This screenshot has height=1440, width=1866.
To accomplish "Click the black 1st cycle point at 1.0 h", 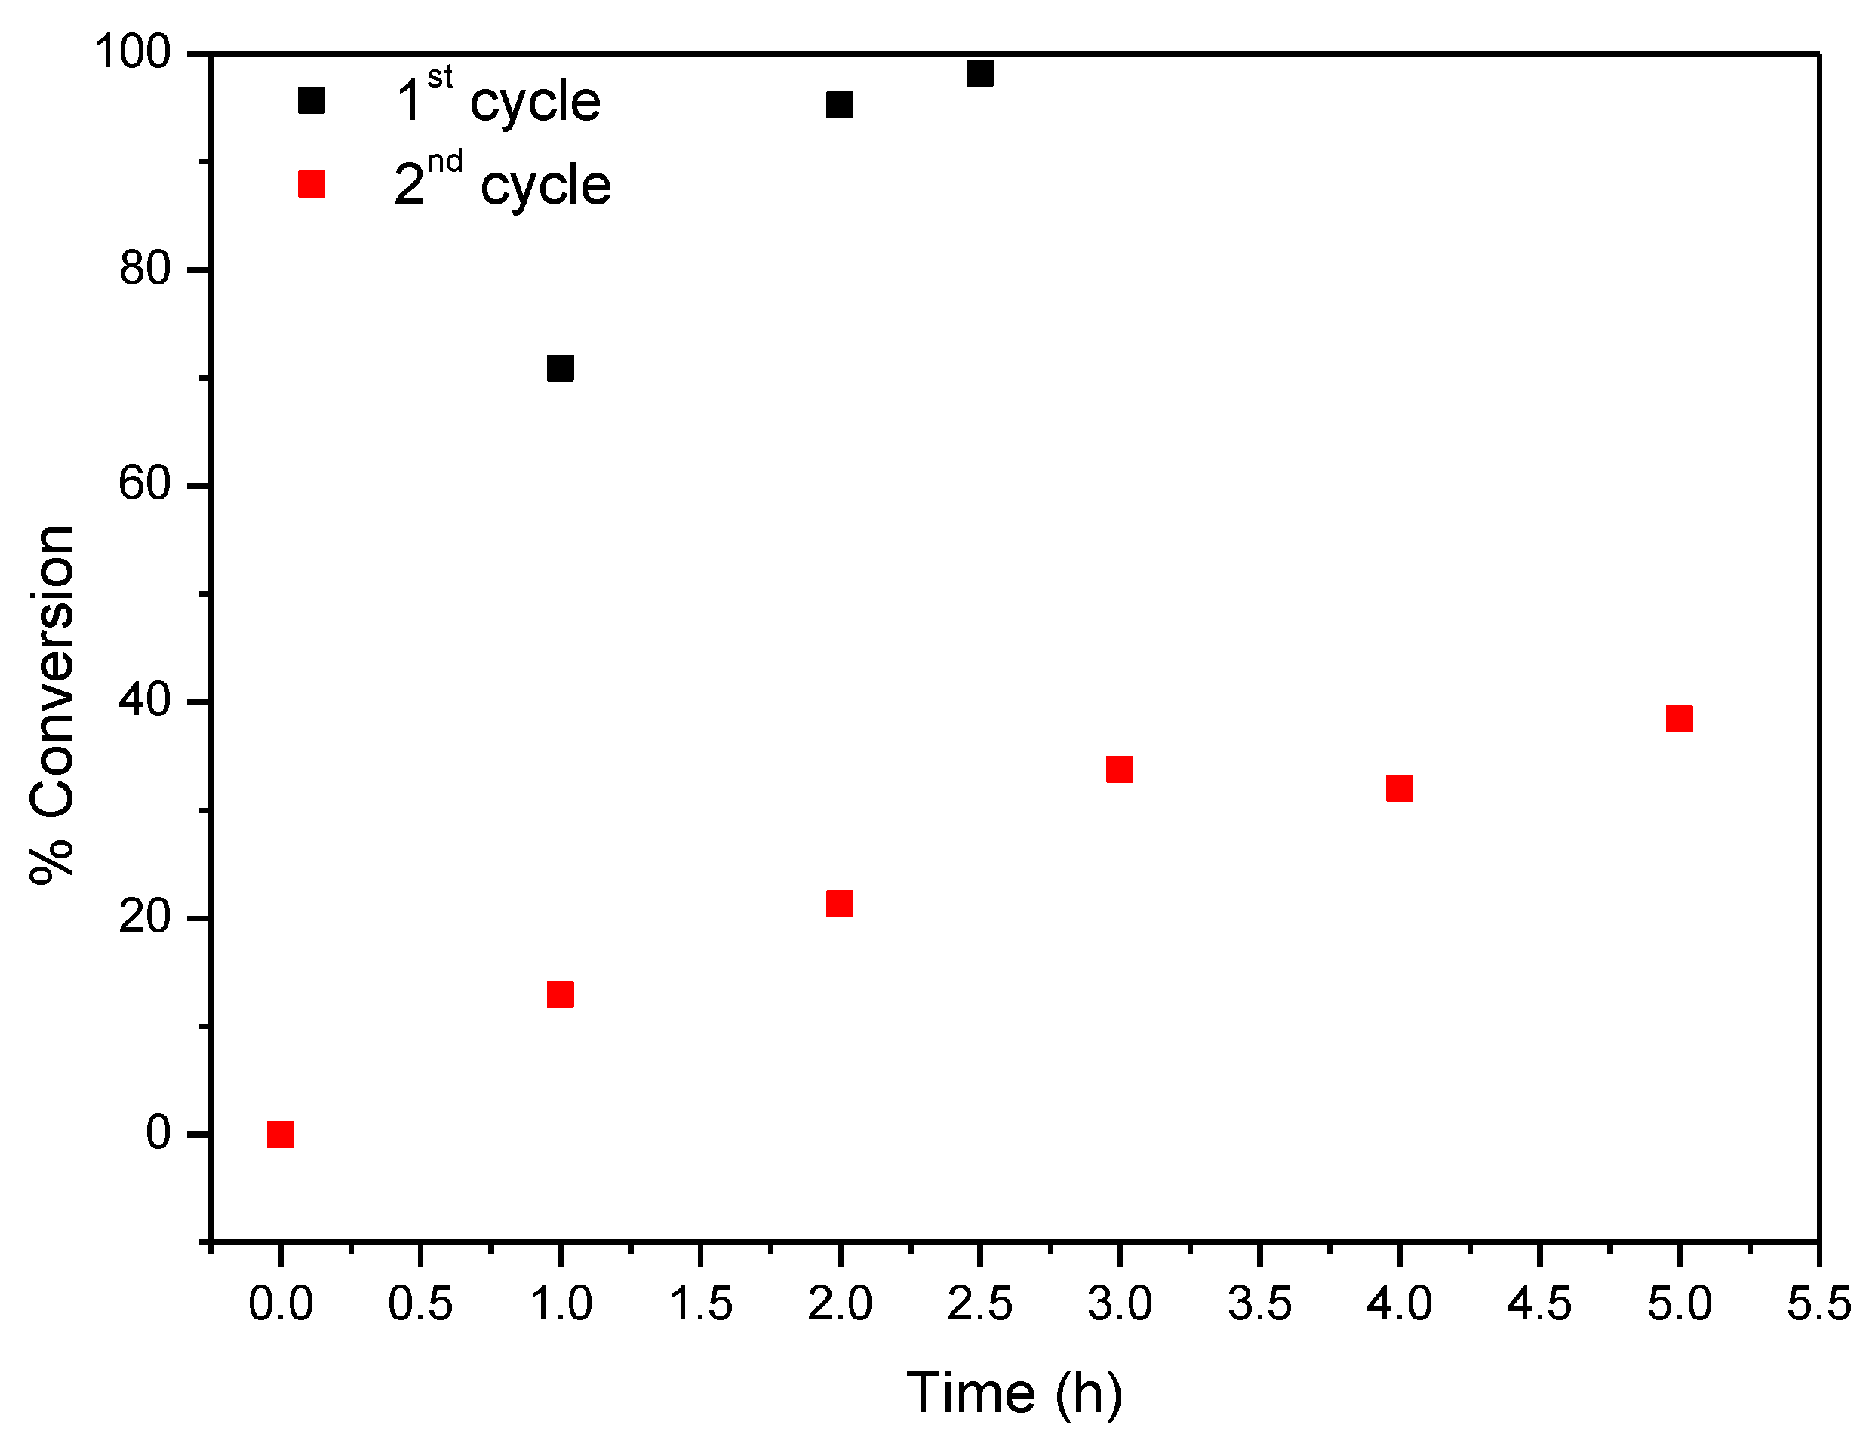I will [x=560, y=368].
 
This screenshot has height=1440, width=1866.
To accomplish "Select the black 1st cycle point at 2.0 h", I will [x=839, y=105].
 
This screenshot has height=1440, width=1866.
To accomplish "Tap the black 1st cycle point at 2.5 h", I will [x=979, y=73].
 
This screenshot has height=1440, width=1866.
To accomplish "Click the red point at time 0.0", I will [x=280, y=1134].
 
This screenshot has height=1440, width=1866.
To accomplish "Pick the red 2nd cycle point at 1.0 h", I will [x=560, y=994].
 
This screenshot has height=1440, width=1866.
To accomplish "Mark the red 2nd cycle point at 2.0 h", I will [x=839, y=904].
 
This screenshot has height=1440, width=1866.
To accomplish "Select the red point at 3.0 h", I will [x=1119, y=769].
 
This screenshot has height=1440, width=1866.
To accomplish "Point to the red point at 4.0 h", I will [x=1399, y=788].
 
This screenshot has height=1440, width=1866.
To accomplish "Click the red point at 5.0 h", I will [x=1679, y=719].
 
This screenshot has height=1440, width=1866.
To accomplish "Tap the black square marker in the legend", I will [x=311, y=101].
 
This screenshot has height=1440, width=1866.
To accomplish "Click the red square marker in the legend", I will [x=311, y=183].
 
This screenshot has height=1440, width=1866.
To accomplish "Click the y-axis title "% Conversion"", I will [x=53, y=705].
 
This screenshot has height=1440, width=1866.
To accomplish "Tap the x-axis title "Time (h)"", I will [x=1014, y=1393].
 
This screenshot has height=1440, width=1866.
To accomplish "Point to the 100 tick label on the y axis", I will [x=134, y=52].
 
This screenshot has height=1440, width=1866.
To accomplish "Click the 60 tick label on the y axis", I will [x=145, y=484].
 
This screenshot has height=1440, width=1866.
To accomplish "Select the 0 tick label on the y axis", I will [x=158, y=1134].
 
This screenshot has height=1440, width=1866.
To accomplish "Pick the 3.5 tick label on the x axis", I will [x=1259, y=1304].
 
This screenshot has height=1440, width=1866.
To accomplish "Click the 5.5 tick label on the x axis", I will [x=1818, y=1304].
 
